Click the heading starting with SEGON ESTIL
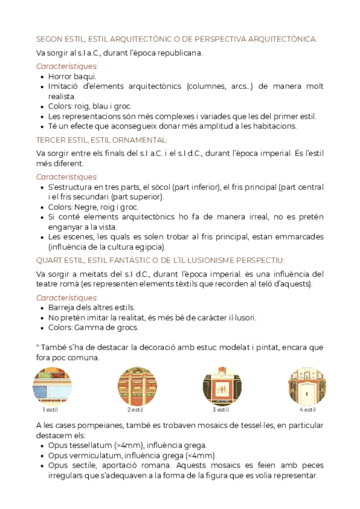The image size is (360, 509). tap(176, 39)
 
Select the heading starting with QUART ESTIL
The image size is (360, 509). tap(160, 260)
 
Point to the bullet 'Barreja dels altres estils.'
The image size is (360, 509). tap(91, 307)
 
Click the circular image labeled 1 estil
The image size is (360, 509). tap(52, 385)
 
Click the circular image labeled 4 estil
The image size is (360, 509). tap(308, 385)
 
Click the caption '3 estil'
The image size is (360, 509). tap(221, 410)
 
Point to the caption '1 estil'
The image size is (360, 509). tap(51, 410)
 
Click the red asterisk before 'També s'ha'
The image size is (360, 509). tap(38, 347)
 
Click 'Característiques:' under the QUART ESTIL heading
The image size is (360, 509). tap(67, 298)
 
